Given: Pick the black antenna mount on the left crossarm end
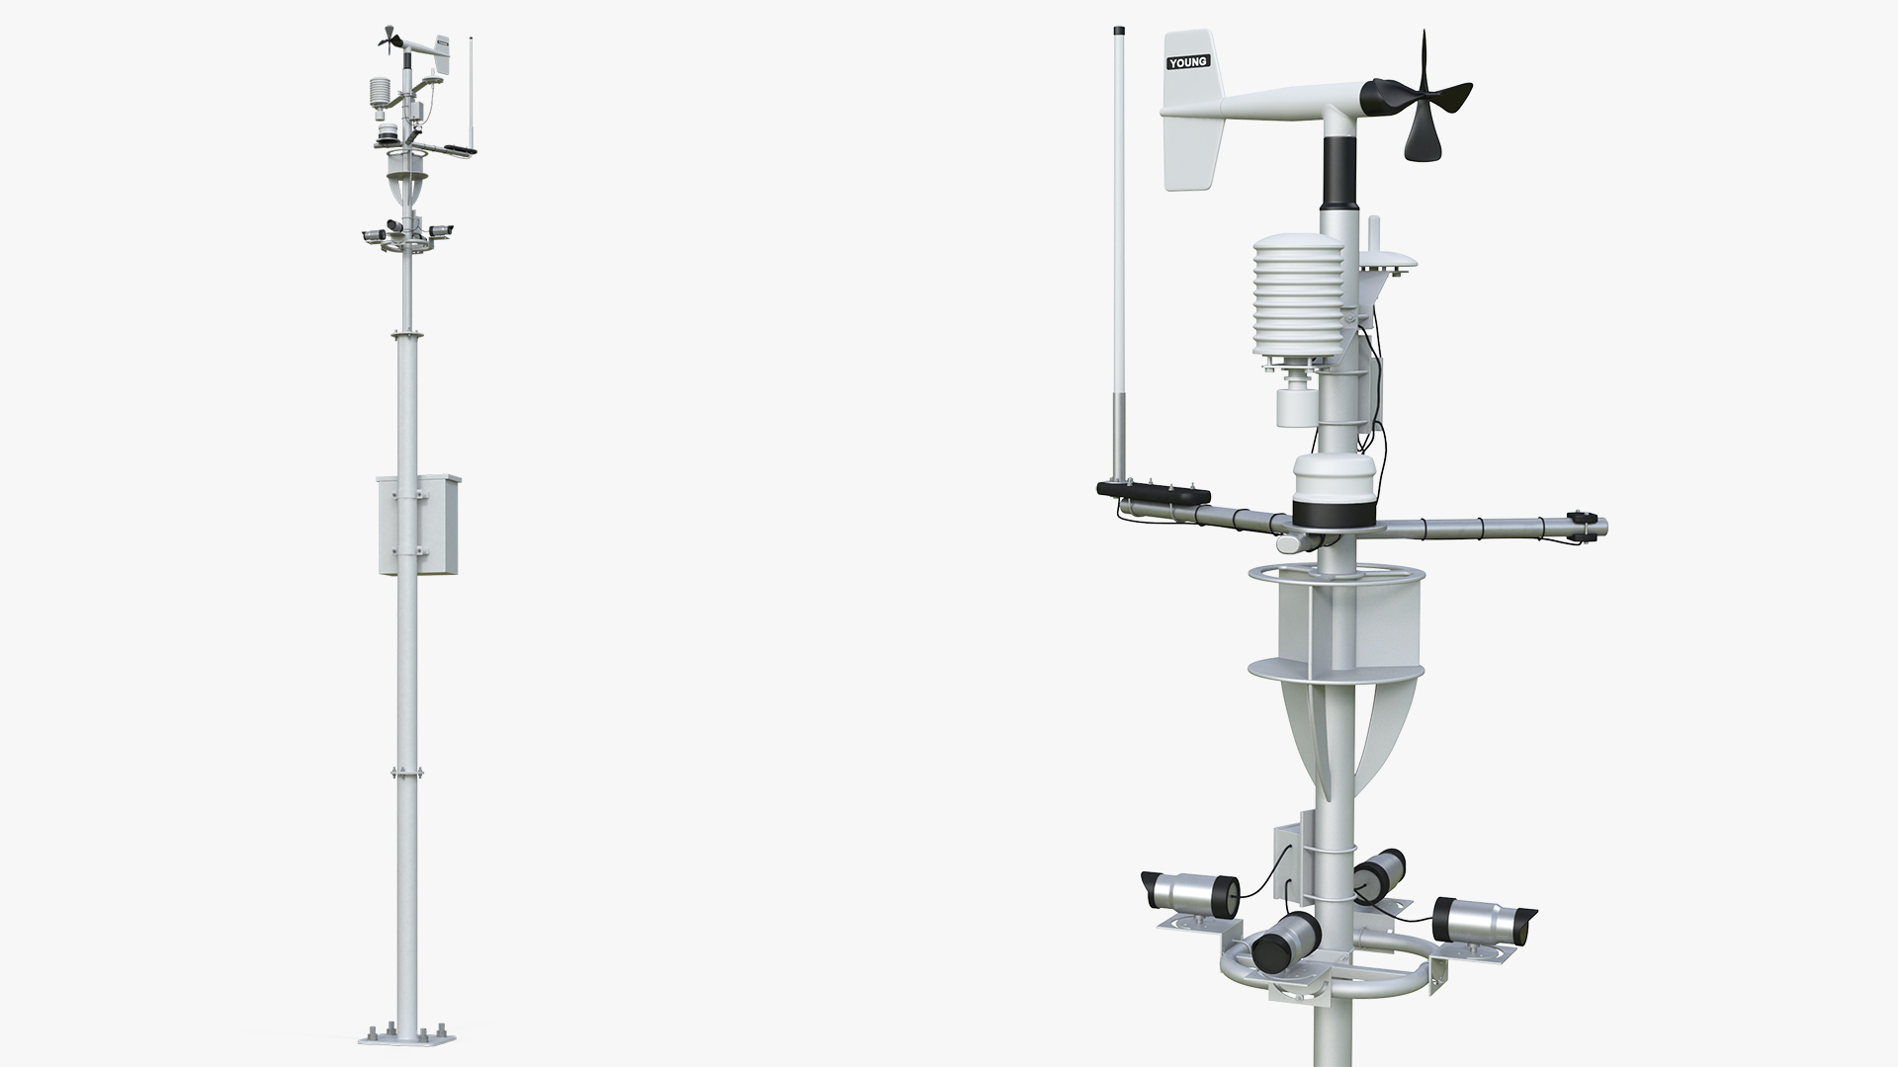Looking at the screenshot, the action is [1153, 490].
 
